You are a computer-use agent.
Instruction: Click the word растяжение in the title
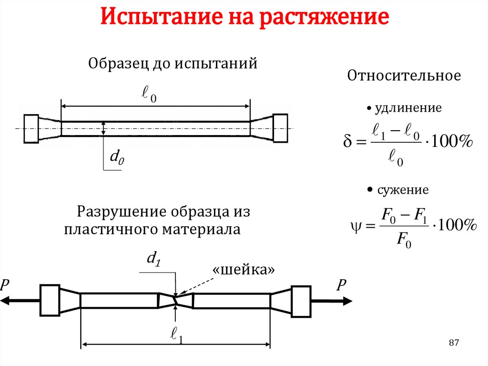tap(325, 19)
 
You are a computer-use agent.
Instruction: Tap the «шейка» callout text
tap(244, 270)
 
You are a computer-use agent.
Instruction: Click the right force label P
tap(341, 286)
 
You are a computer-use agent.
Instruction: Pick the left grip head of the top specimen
tap(31, 128)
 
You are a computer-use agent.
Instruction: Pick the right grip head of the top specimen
tap(280, 128)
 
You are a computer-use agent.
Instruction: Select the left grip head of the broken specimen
tap(50, 301)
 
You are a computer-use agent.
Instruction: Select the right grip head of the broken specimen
tap(301, 301)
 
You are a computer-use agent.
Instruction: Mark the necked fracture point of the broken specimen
tap(176, 301)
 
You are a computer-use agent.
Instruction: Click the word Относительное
tap(404, 76)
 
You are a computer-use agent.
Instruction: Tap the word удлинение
tap(408, 108)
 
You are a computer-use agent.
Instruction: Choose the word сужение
tap(403, 190)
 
